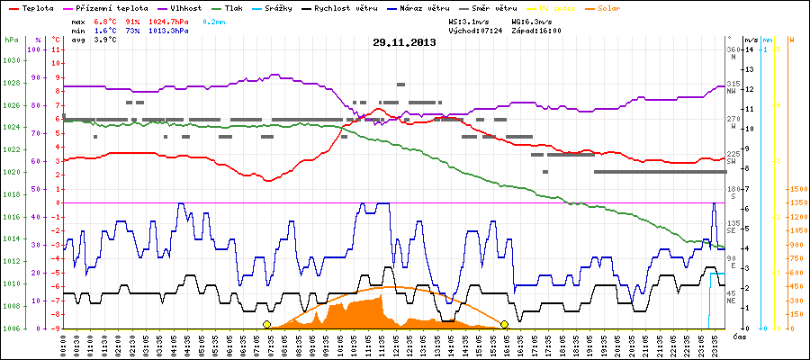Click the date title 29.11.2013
pyautogui.click(x=404, y=41)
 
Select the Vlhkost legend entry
pyautogui.click(x=184, y=7)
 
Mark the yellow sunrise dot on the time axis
pyautogui.click(x=266, y=324)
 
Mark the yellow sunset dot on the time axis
pyautogui.click(x=505, y=324)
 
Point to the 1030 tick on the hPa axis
pyautogui.click(x=11, y=61)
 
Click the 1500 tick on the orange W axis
pyautogui.click(x=796, y=190)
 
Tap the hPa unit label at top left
pyautogui.click(x=11, y=40)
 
